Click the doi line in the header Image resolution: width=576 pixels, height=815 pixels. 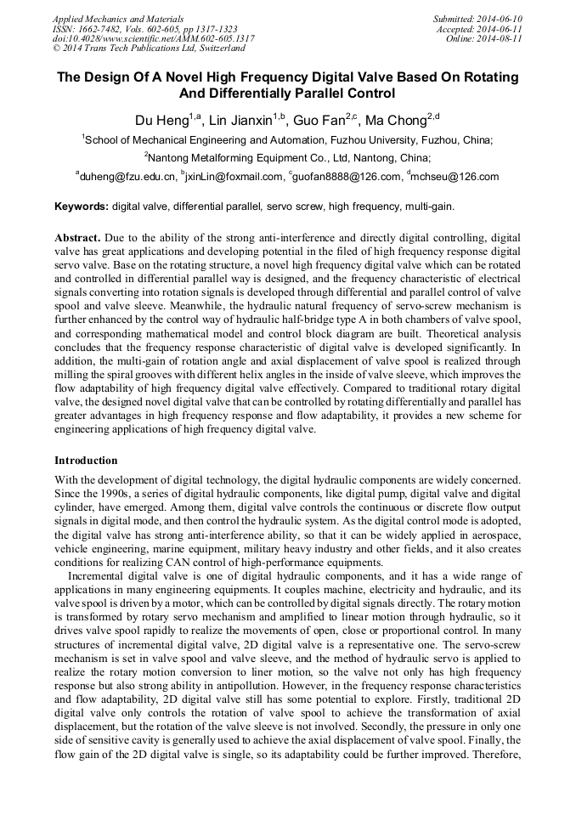(x=153, y=38)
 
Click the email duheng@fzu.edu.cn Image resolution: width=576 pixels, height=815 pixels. (x=128, y=177)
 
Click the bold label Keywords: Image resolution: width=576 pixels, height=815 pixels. (x=82, y=207)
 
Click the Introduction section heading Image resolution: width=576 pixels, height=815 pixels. (x=86, y=461)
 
